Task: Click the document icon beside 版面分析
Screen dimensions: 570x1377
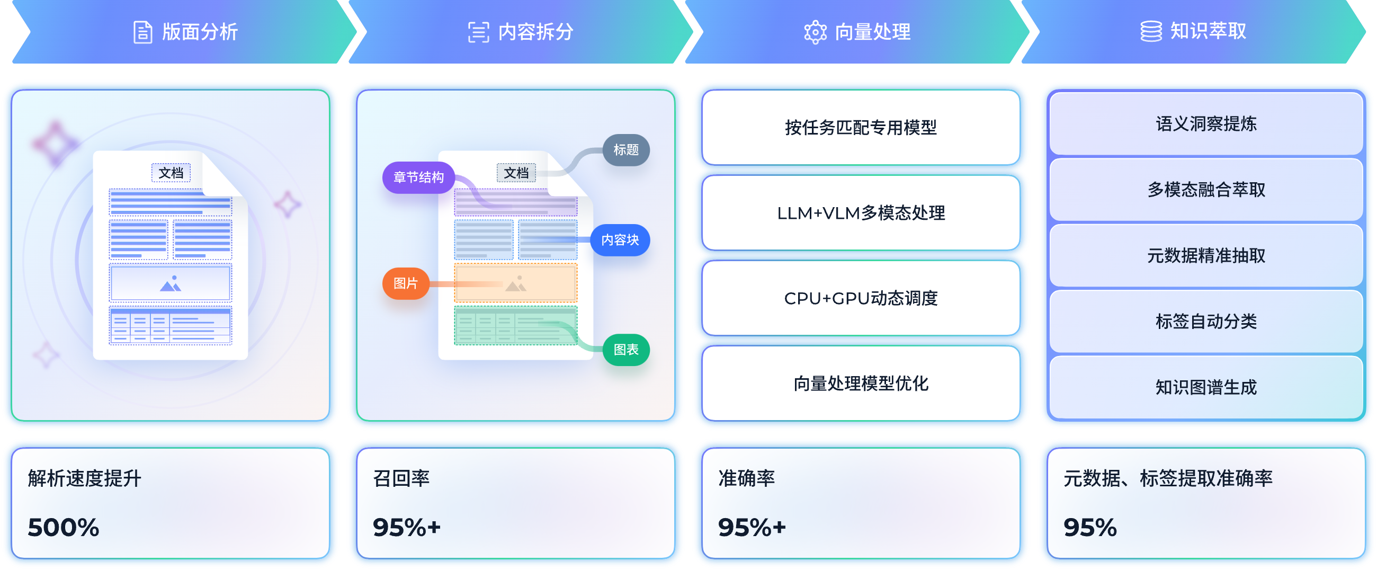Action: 142,32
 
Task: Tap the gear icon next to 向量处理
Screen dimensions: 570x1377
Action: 815,32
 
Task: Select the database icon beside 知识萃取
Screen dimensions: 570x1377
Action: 1151,31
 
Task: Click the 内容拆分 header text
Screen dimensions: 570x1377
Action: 535,32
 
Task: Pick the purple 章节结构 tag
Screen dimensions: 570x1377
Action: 418,177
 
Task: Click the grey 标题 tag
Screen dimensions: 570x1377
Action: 626,150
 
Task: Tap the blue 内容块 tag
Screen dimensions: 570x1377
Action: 620,239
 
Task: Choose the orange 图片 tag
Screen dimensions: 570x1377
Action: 406,283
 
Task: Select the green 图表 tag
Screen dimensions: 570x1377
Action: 626,350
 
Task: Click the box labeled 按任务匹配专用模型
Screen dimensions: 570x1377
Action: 861,127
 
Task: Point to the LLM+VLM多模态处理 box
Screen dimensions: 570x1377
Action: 861,213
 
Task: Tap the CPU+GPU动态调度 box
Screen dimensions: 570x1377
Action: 861,298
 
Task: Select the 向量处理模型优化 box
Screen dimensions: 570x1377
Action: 861,384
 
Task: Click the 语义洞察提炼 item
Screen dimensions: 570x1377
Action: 1206,124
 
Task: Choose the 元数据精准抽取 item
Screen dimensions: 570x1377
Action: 1206,255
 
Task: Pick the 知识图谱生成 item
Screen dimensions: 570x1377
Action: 1206,387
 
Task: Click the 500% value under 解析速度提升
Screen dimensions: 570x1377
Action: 64,527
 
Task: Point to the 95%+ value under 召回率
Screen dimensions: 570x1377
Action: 407,527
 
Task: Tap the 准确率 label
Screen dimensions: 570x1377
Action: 746,478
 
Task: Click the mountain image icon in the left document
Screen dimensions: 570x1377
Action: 171,283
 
